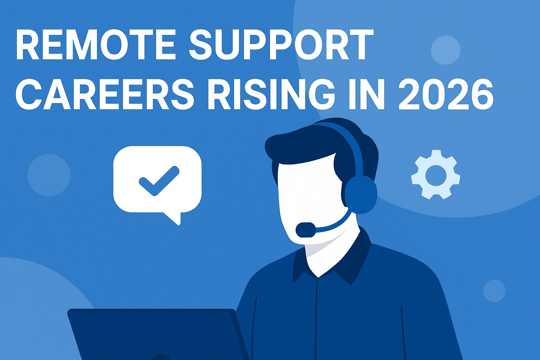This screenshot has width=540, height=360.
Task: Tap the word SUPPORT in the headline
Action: (281, 45)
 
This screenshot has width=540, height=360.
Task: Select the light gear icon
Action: (436, 175)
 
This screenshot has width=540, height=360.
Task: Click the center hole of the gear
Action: (436, 175)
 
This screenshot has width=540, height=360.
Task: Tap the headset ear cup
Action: (361, 194)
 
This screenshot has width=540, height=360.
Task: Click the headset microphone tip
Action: (305, 230)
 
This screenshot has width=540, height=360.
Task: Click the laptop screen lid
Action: (155, 334)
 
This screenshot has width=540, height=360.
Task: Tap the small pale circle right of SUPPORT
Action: (445, 50)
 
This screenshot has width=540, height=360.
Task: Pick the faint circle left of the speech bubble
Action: (49, 175)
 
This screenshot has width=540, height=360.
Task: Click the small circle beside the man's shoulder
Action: (494, 291)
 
